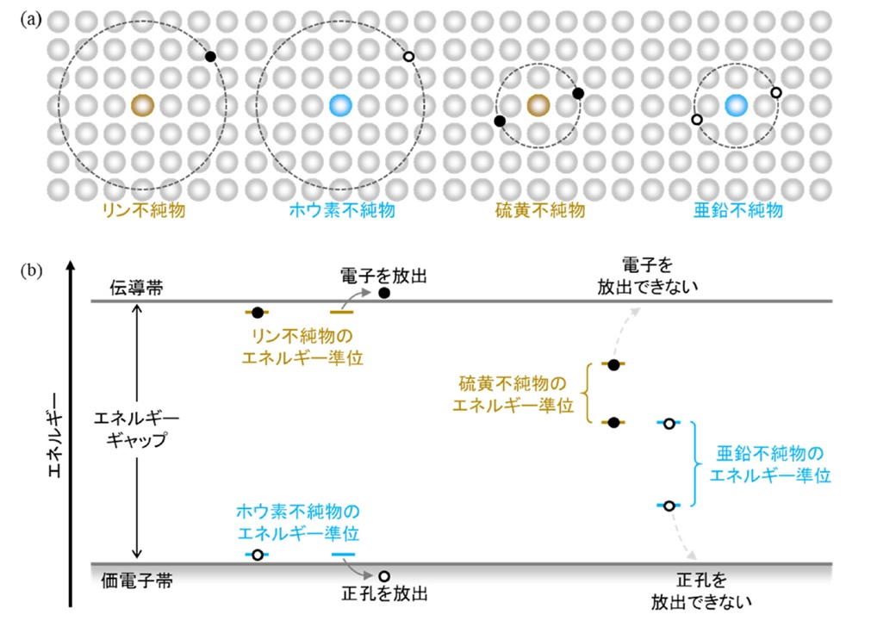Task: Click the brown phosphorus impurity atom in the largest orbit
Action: [x=143, y=105]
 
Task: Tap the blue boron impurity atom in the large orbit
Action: [x=340, y=105]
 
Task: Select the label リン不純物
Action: [x=143, y=210]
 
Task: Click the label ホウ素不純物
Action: [x=342, y=210]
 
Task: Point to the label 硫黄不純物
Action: [x=540, y=210]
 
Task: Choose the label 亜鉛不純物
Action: [x=738, y=210]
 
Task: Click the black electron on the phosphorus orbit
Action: [x=210, y=56]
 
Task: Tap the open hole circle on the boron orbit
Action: [x=408, y=56]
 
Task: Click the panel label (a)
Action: [x=31, y=20]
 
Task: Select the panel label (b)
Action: [x=31, y=271]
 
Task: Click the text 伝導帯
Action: [x=136, y=288]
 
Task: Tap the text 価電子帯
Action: [x=137, y=580]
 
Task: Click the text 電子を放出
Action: [x=383, y=276]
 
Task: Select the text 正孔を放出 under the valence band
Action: [x=384, y=593]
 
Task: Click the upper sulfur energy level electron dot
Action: [x=613, y=364]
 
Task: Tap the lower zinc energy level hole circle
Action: [x=669, y=506]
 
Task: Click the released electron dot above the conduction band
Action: [x=384, y=293]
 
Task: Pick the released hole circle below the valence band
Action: [x=384, y=576]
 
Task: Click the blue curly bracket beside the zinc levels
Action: [x=694, y=463]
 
